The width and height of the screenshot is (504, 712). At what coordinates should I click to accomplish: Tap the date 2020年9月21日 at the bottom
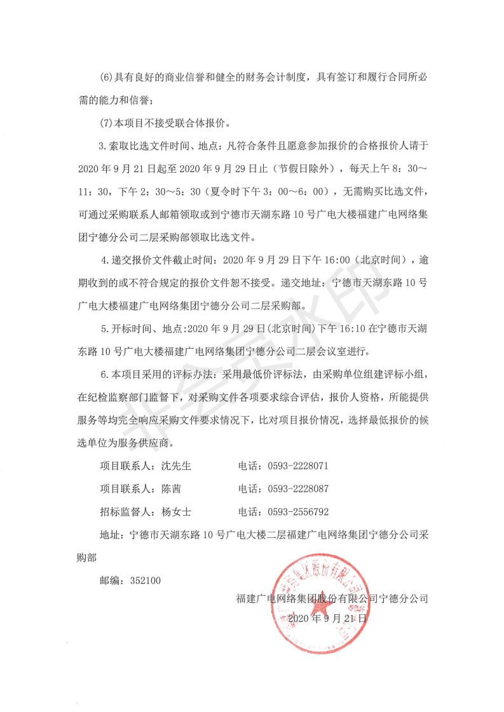[327, 617]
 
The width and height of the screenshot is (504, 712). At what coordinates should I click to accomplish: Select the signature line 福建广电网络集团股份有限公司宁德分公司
[332, 598]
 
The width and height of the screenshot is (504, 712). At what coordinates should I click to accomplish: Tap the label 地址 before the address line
[109, 535]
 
